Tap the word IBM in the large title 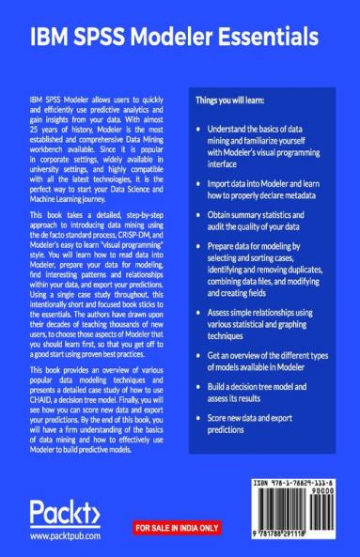(x=50, y=38)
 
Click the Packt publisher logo (x=64, y=516)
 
